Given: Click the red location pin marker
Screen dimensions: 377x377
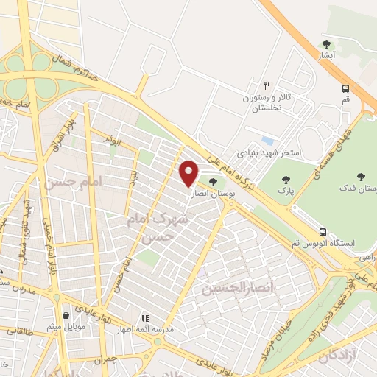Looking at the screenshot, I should tap(189, 172).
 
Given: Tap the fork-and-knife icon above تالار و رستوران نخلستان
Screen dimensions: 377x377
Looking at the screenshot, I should tap(267, 85).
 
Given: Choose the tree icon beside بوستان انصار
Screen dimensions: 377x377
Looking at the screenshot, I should tap(212, 182).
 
